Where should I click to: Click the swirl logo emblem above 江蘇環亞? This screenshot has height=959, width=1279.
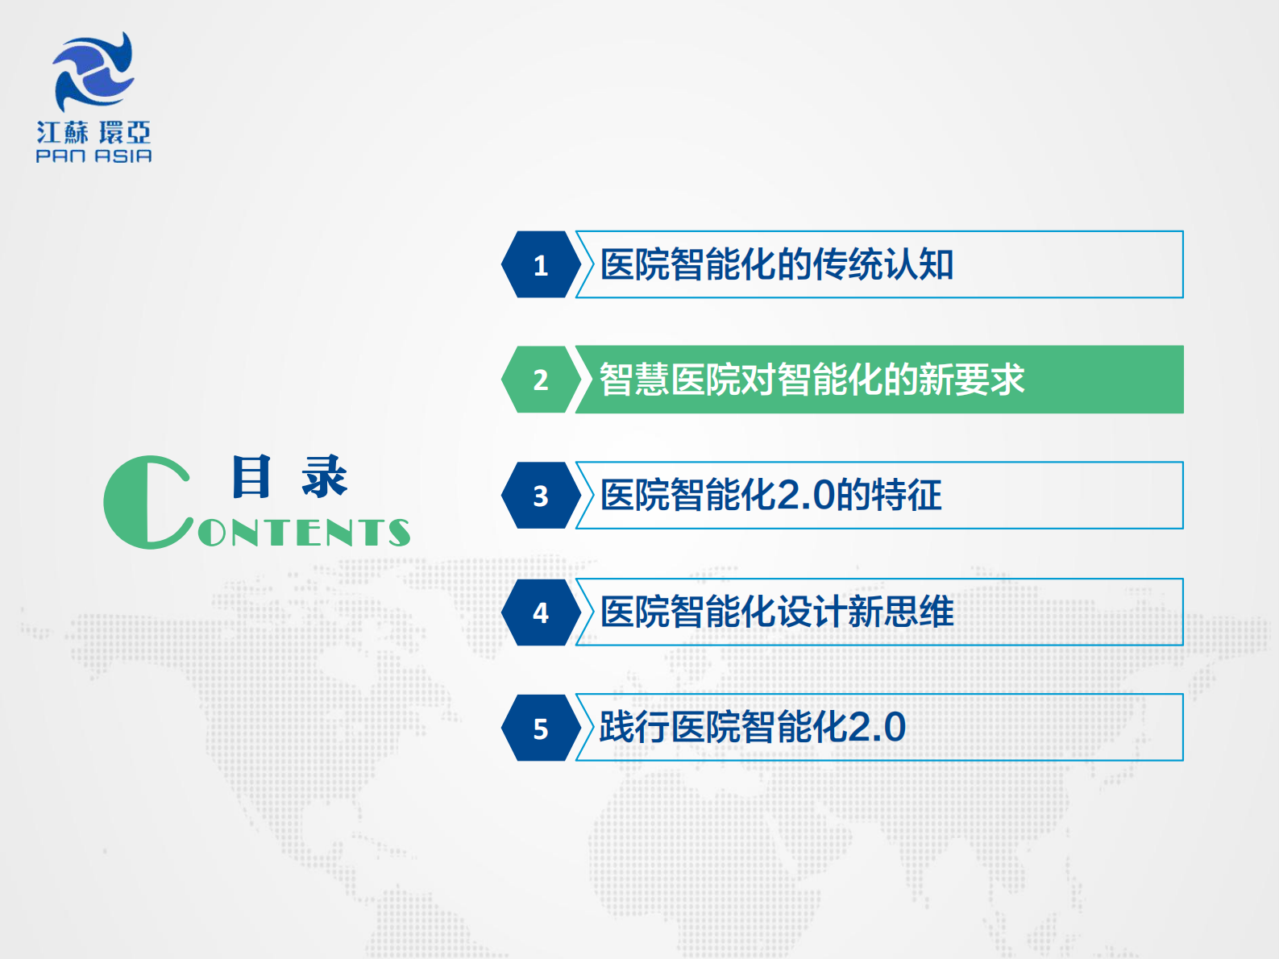point(93,71)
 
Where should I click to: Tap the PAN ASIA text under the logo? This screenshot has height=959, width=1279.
point(93,156)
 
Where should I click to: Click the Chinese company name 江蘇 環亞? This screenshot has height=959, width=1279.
point(93,132)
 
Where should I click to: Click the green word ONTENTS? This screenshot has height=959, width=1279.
point(305,533)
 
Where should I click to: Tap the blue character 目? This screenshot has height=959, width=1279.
point(251,476)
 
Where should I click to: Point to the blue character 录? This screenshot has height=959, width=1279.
point(324,476)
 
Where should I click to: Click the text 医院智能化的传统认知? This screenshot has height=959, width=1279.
point(776,264)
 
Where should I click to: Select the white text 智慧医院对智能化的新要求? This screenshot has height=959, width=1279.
point(811,380)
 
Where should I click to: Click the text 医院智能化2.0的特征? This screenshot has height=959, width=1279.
point(770,496)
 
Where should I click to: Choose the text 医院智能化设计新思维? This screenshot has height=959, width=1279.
point(776,612)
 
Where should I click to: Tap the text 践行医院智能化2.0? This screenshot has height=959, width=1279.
point(752,728)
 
